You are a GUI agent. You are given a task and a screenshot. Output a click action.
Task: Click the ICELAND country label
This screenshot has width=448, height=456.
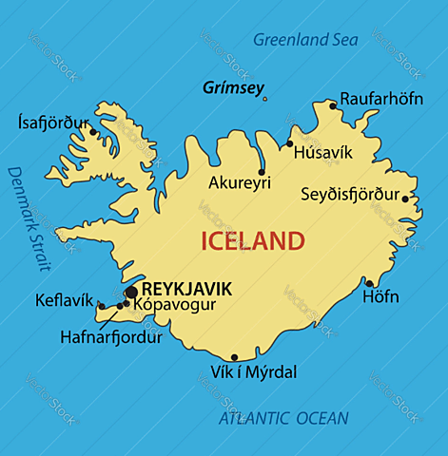(252, 241)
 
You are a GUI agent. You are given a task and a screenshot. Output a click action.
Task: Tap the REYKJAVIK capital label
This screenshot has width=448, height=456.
(185, 287)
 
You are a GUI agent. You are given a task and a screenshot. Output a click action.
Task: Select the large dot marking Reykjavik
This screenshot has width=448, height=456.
(131, 292)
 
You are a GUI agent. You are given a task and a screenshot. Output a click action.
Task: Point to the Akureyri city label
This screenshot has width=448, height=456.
(240, 182)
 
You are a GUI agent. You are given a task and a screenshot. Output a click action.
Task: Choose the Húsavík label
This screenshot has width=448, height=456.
(322, 151)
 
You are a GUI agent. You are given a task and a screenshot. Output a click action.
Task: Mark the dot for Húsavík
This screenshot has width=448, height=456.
(290, 143)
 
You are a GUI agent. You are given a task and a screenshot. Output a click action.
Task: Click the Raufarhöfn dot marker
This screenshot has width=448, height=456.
(332, 105)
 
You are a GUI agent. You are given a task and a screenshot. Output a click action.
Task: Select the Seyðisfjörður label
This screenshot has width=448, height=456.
(349, 195)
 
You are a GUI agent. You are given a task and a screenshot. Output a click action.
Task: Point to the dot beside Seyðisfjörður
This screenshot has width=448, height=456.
(405, 199)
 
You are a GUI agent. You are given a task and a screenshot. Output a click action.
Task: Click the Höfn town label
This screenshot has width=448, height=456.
(380, 297)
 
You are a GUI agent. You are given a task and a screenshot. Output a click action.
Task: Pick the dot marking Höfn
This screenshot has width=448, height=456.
(369, 283)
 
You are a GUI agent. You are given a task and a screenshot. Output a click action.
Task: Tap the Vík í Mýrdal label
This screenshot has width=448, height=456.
(253, 371)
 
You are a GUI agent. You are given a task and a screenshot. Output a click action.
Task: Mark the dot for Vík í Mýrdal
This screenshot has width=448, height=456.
(234, 358)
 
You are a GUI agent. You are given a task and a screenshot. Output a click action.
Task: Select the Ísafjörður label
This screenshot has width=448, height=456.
(53, 123)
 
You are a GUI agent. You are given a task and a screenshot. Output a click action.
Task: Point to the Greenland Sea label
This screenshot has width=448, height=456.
(304, 40)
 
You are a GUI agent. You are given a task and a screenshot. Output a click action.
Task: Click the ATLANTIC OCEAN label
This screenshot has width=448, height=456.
(283, 418)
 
